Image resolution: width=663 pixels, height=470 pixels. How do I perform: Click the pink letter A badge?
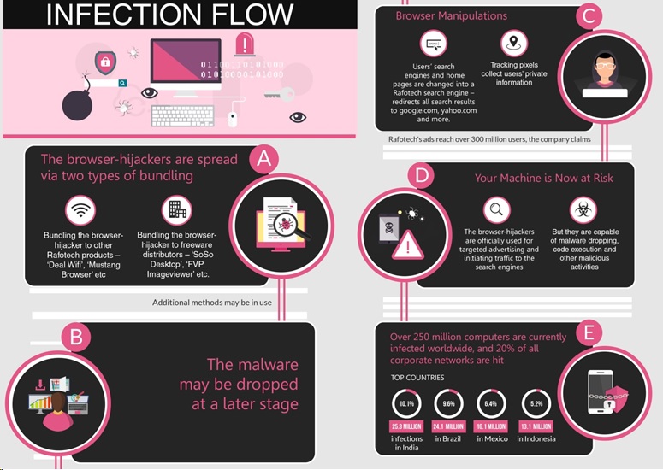tap(264, 159)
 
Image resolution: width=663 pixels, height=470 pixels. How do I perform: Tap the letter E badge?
tap(589, 333)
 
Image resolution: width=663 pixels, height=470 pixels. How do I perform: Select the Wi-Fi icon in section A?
tap(80, 210)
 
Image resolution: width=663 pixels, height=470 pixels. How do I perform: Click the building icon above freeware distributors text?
tap(177, 210)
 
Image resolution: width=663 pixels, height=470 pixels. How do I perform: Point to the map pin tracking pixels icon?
tap(514, 43)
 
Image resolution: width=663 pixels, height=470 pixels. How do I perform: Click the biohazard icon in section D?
tap(583, 210)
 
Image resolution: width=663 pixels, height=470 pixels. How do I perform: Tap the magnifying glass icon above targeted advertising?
tap(497, 210)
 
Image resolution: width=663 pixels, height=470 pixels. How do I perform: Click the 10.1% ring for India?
tap(406, 403)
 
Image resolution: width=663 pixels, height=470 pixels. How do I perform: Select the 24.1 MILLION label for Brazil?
tap(448, 426)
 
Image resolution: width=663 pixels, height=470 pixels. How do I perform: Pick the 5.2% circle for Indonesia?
tap(536, 403)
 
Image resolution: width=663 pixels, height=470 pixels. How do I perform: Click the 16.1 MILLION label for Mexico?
tap(491, 426)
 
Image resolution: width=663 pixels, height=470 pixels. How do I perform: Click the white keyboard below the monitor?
tap(183, 115)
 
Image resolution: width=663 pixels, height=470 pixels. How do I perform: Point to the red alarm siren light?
tap(245, 44)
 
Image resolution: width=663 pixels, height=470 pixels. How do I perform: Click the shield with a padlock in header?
tap(105, 62)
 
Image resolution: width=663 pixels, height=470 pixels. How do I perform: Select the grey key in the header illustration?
tap(279, 94)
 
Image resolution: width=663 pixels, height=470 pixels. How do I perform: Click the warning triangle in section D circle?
tap(407, 245)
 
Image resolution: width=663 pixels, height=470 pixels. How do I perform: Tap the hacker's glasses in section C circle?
tap(605, 66)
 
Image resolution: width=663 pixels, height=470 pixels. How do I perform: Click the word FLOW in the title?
tap(252, 14)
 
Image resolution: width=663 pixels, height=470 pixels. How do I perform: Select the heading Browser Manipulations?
tap(451, 16)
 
